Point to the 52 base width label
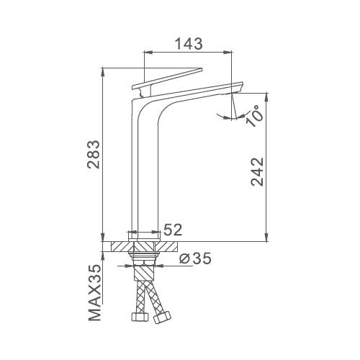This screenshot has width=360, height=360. coord(174,230)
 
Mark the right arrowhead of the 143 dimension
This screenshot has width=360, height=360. coord(231,52)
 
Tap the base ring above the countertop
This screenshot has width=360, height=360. coord(144,234)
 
